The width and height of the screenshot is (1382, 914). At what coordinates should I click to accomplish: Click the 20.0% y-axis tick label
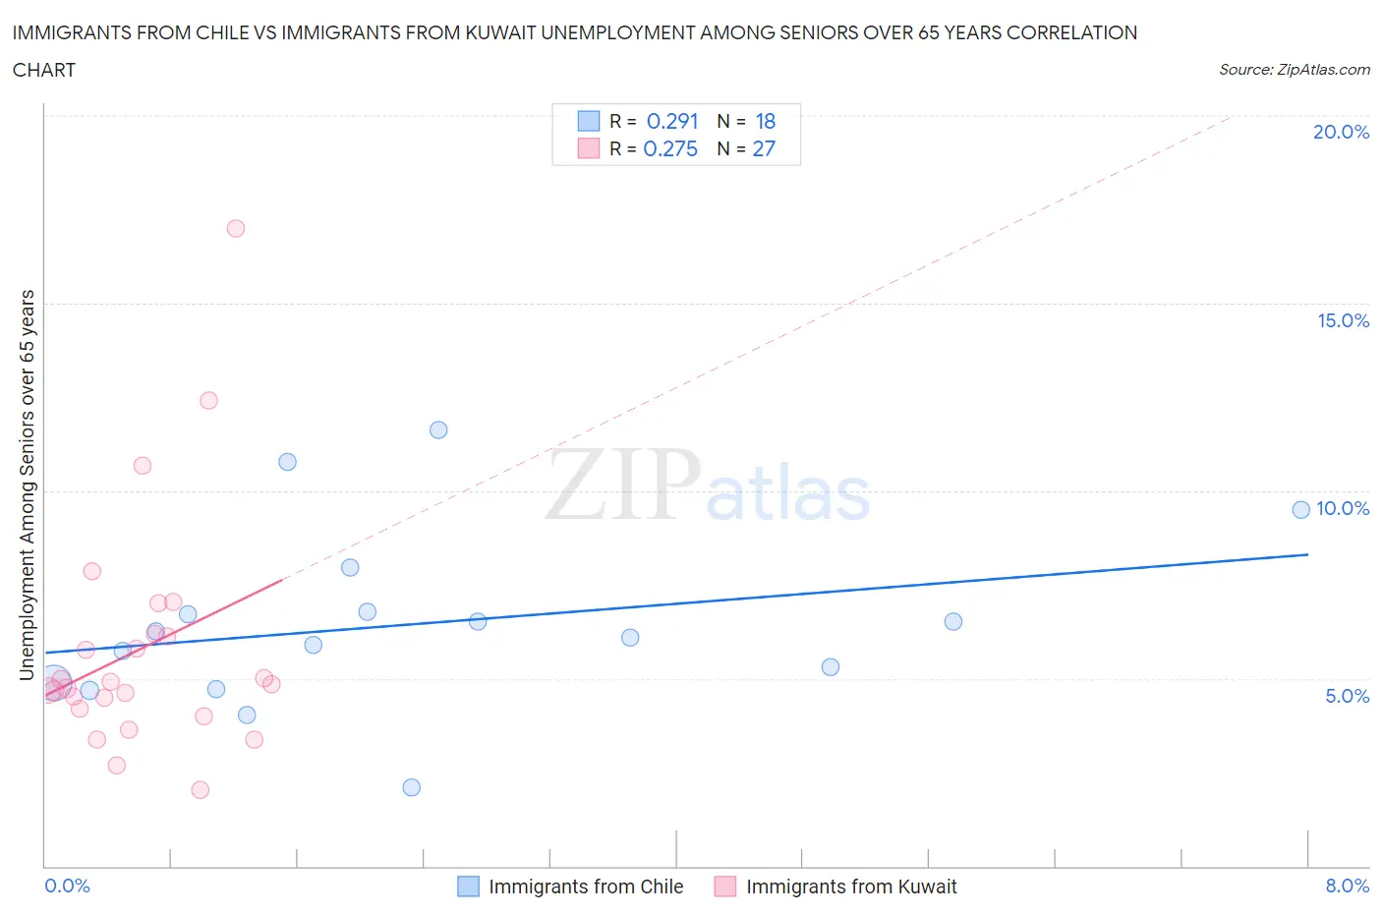(1341, 132)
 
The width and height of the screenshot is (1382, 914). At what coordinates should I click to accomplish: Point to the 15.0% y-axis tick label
(1343, 320)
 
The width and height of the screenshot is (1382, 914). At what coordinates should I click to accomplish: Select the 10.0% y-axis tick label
(1343, 508)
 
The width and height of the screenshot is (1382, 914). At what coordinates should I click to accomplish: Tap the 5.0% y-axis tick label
(1347, 696)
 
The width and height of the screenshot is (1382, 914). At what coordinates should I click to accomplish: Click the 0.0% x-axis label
(67, 885)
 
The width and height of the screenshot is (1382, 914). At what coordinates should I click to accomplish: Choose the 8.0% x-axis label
(1347, 885)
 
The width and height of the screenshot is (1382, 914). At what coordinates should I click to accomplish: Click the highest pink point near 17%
(236, 228)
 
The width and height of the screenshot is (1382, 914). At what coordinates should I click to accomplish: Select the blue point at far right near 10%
(1300, 509)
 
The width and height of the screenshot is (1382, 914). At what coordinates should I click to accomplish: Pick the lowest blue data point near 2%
(412, 787)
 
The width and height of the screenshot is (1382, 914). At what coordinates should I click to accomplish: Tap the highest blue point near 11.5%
(438, 429)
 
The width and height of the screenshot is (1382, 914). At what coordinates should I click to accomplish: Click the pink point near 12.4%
(208, 400)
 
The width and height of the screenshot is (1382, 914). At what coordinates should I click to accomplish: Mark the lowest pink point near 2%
(201, 789)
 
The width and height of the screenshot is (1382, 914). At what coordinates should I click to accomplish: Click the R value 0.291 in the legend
(672, 121)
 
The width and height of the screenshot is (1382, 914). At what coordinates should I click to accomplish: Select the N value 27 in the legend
(764, 148)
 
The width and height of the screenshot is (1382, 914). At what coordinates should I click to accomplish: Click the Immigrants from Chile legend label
(586, 886)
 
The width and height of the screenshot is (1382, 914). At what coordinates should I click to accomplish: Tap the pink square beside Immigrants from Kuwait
(725, 886)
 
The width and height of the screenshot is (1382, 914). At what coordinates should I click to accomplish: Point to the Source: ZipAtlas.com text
(1294, 70)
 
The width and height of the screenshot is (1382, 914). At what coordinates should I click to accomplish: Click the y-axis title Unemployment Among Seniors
(28, 485)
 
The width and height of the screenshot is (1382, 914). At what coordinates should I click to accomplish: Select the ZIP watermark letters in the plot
(623, 486)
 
